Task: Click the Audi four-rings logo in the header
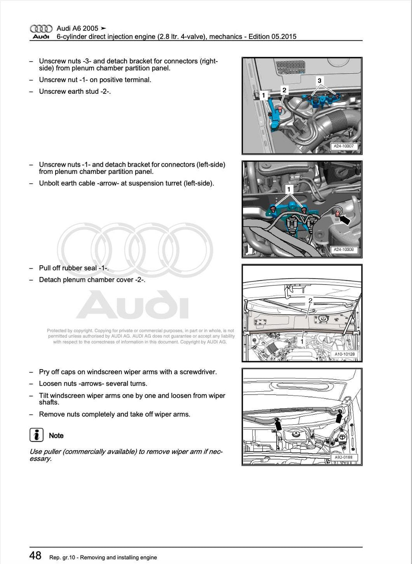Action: [x=41, y=29]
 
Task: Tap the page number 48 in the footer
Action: [x=35, y=556]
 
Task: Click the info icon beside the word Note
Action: [x=36, y=435]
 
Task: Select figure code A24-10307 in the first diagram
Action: [x=344, y=146]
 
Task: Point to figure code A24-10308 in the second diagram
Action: [x=344, y=250]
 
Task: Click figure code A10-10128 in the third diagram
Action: [x=344, y=354]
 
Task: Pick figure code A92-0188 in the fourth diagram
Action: [x=343, y=457]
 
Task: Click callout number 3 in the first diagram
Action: [x=319, y=81]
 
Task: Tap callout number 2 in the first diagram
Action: [x=284, y=90]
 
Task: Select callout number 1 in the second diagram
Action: [x=288, y=189]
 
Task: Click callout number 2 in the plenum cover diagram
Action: [x=310, y=300]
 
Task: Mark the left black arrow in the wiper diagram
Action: [x=277, y=423]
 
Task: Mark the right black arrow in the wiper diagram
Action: [x=339, y=418]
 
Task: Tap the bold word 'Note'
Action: [x=56, y=436]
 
